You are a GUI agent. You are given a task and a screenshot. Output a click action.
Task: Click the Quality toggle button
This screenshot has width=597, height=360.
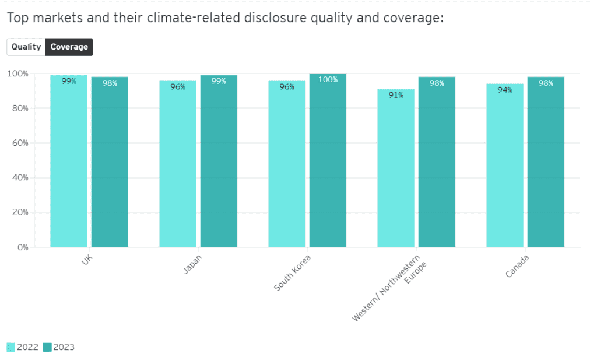pos(26,47)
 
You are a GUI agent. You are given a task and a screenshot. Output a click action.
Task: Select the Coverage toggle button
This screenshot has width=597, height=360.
pos(69,47)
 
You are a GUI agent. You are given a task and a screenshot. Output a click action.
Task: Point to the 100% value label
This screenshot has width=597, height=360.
pos(328,80)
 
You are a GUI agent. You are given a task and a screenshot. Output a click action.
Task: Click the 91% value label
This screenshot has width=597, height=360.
pos(396,95)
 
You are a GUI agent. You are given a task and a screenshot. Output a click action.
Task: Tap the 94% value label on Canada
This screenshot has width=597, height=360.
pos(505,90)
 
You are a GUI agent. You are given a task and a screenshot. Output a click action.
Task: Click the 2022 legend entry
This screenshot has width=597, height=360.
pos(23,348)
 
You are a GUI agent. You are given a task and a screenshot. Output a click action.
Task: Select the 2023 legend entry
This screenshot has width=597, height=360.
pos(59,348)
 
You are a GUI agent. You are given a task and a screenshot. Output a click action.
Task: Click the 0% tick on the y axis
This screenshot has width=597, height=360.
pos(23,247)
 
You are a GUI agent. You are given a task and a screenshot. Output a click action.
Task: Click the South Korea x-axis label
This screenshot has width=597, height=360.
pos(293,273)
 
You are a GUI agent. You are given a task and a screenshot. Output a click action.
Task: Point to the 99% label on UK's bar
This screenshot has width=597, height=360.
pos(69,82)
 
